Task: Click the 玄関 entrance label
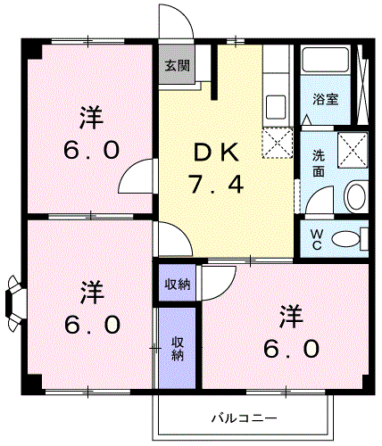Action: pyautogui.click(x=176, y=65)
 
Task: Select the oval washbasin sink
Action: pyautogui.click(x=355, y=197)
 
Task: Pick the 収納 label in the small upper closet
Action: pyautogui.click(x=177, y=285)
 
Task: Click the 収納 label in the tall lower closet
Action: pyautogui.click(x=177, y=348)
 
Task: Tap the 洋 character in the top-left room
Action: pyautogui.click(x=91, y=116)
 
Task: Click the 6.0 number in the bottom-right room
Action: pyautogui.click(x=291, y=348)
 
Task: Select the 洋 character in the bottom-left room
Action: pyautogui.click(x=91, y=291)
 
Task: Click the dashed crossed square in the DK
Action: pyautogui.click(x=277, y=143)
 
